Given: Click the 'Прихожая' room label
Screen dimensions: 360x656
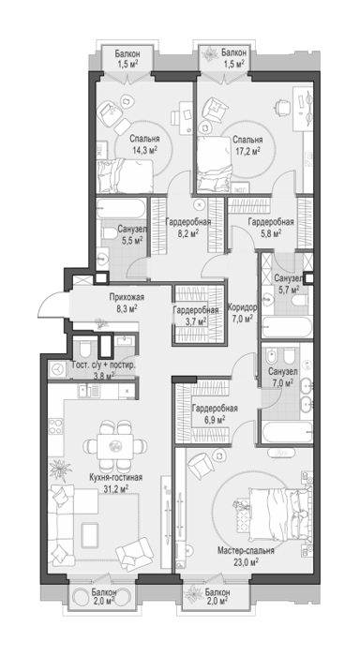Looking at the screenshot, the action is click(x=127, y=297).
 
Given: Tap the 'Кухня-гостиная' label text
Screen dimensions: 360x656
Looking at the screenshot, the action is click(x=116, y=477).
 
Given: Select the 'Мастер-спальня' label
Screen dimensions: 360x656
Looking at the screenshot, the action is click(x=247, y=551).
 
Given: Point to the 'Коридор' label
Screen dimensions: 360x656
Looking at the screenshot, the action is click(x=243, y=307).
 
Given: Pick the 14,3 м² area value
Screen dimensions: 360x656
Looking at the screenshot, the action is click(x=144, y=149).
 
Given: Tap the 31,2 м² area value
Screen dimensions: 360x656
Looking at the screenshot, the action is click(x=116, y=488).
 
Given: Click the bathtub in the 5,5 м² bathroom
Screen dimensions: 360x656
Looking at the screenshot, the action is click(x=121, y=208).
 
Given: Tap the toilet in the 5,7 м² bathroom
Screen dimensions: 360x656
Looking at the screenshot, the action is click(x=301, y=301).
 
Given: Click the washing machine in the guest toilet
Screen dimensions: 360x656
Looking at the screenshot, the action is click(x=57, y=369).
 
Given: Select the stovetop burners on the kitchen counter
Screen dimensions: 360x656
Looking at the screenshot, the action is click(x=56, y=426).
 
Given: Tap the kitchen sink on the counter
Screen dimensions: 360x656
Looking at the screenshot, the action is click(x=90, y=391).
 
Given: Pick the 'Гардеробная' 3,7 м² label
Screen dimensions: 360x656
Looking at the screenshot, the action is click(x=196, y=316).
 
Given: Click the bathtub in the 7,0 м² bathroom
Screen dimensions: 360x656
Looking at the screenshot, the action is click(x=287, y=431).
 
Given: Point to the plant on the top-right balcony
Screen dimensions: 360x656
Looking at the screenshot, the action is click(x=209, y=53).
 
